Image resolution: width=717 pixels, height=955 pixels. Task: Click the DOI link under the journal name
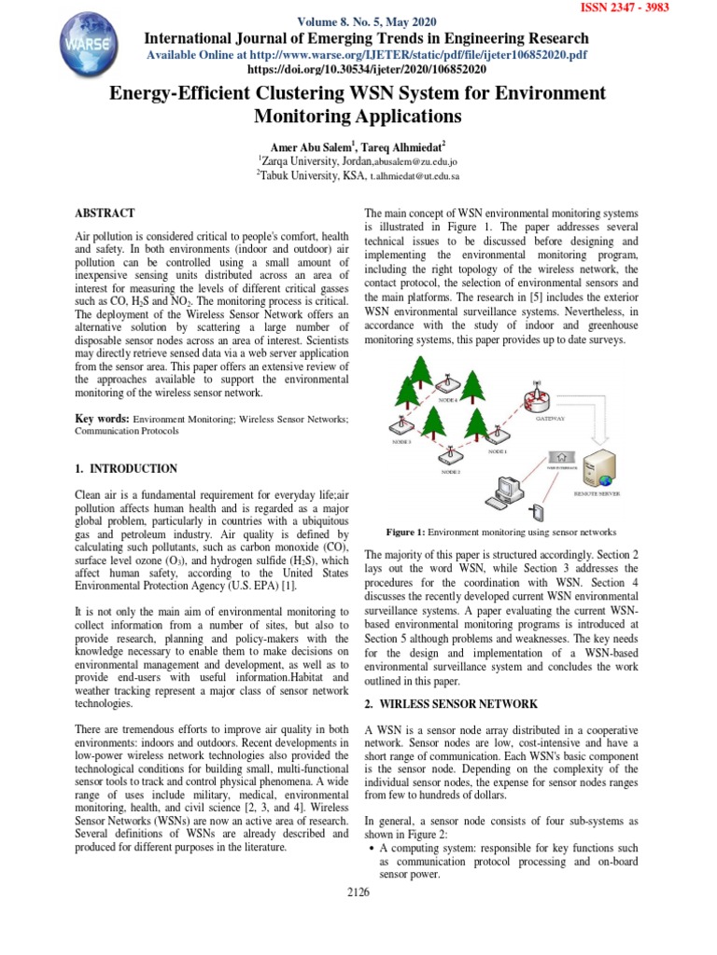(x=365, y=69)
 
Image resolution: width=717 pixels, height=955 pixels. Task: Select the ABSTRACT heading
(x=105, y=214)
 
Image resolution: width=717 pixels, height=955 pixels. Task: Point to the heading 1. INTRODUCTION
(x=125, y=468)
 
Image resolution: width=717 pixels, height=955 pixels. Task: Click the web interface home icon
(x=561, y=457)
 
